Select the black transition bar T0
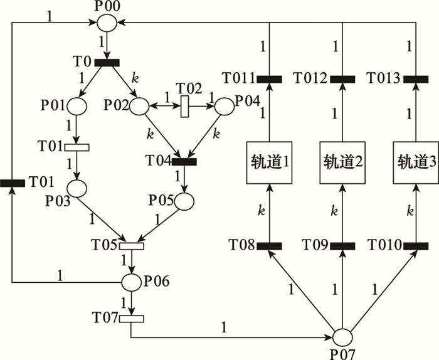tap(107, 61)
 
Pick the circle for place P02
tap(139, 106)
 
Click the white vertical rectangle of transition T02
tap(185, 107)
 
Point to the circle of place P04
tap(225, 106)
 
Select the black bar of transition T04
tap(184, 161)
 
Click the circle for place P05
tap(184, 201)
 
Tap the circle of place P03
tap(77, 189)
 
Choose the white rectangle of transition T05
tap(132, 245)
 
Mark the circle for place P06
tap(132, 282)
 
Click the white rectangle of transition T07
tap(132, 318)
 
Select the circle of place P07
tap(343, 337)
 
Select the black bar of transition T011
tap(270, 79)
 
